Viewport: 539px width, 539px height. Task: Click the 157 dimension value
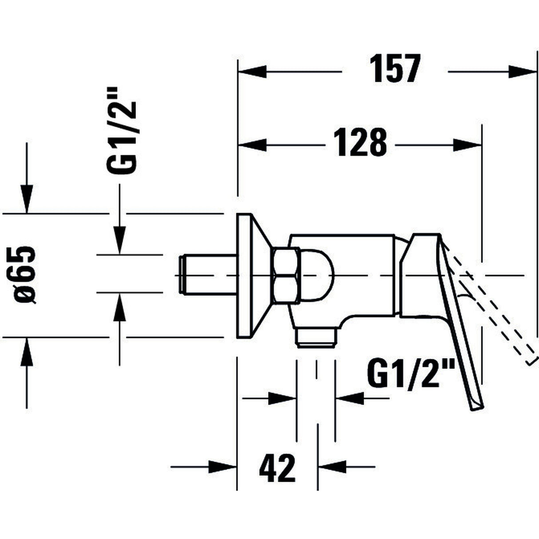(394, 69)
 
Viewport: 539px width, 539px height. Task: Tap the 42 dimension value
(277, 467)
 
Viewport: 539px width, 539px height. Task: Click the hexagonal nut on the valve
(285, 276)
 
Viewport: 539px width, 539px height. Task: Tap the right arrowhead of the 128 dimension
(467, 145)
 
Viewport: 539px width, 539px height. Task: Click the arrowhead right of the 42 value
(332, 467)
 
